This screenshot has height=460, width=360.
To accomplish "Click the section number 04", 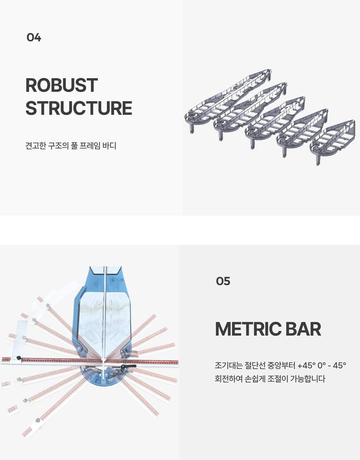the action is point(34,38).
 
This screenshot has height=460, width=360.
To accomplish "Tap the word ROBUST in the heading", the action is point(62,85).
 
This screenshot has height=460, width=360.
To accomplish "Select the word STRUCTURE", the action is point(79,108).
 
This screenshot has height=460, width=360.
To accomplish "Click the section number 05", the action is point(223,281).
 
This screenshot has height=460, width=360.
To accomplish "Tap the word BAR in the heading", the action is point(301,330).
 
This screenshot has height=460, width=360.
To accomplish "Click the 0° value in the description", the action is point(321,365).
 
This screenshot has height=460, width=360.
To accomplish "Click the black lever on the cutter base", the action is point(128,367).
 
